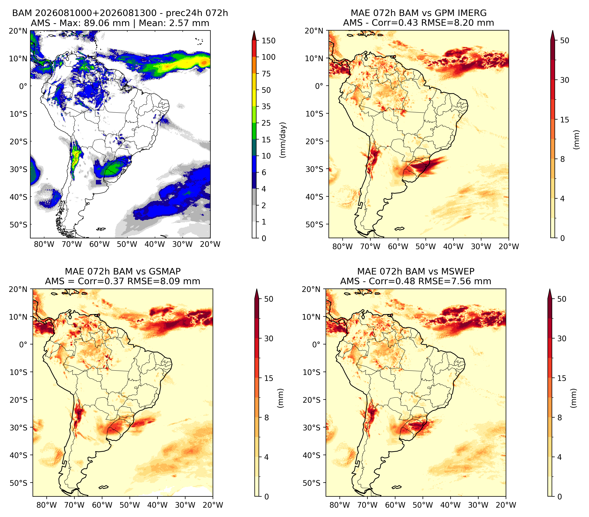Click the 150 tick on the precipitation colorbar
pyautogui.click(x=268, y=41)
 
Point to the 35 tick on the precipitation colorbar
pyautogui.click(x=266, y=106)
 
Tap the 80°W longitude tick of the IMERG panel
pyautogui.click(x=343, y=246)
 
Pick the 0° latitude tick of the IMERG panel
pyautogui.click(x=319, y=86)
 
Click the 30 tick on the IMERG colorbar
pyautogui.click(x=565, y=80)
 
